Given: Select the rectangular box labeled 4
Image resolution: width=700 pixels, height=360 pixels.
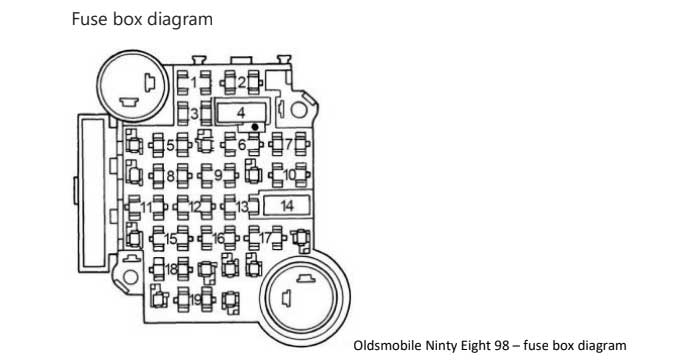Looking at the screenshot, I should point(240,112).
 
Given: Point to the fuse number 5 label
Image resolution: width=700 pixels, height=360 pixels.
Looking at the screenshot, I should point(171,145).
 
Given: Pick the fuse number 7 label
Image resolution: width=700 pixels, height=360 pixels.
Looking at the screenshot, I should point(287,145).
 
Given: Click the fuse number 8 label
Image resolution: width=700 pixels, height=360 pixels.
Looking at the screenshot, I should point(171,176).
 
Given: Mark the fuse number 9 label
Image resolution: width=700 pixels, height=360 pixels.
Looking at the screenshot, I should point(217,176).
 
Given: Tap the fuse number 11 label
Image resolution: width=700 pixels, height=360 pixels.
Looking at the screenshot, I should point(147,207).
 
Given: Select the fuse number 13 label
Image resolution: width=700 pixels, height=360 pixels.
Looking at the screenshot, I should point(242,207).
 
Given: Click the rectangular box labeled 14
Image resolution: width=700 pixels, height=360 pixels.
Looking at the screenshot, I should point(286,205).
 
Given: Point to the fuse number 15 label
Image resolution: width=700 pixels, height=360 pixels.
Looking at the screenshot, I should point(171,239).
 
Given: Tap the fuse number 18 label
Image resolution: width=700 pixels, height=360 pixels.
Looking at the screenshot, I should point(172,270).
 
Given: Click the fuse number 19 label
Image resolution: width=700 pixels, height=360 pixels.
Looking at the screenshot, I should point(195,299).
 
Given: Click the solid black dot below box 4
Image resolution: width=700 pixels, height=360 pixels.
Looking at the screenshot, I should point(256,127).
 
